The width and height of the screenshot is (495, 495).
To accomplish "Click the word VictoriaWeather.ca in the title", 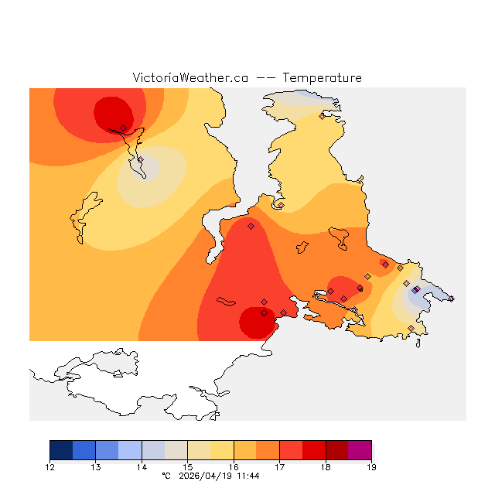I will point(190,78).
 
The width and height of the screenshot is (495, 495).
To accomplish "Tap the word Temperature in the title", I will point(322,78).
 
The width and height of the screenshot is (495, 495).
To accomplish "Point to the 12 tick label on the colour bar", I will point(50,467).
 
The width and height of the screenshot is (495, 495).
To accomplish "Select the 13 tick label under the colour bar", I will point(96,467).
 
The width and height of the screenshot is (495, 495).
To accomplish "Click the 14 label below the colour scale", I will point(142,467).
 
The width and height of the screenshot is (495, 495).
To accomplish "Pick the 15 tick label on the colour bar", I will point(188,467).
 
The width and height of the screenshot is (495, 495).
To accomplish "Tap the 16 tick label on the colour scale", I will point(234,467).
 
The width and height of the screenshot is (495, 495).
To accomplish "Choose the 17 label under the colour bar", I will point(279,467).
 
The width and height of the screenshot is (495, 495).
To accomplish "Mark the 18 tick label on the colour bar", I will point(325,467).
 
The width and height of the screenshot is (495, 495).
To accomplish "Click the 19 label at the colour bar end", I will point(371,467).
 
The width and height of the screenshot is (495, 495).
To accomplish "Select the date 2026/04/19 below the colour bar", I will point(203,476).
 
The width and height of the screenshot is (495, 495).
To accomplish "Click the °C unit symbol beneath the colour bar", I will point(165,476).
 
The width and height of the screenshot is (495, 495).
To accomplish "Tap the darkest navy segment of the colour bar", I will point(61,450).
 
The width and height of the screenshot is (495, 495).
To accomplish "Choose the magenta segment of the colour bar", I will point(360,450).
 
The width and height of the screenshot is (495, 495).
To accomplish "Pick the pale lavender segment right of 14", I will point(153,450).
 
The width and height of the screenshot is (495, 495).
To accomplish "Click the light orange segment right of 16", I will point(245,450).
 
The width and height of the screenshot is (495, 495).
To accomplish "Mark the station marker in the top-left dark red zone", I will point(124,128).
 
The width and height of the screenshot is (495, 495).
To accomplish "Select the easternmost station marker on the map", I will point(451,299).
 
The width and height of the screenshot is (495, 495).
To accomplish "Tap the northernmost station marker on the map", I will point(322,117).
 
